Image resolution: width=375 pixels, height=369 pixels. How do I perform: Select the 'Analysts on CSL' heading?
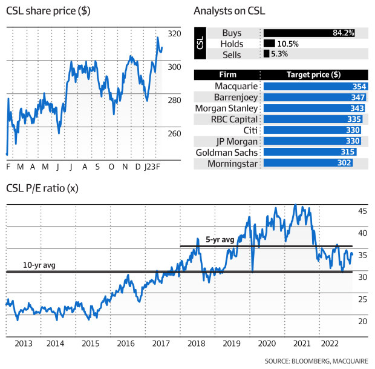[x=230, y=12]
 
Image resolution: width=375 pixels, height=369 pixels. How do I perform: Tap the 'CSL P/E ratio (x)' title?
[x=42, y=188]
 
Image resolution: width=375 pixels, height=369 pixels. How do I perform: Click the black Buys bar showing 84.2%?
[x=309, y=33]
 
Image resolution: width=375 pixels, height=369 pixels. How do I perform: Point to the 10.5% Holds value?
[x=288, y=44]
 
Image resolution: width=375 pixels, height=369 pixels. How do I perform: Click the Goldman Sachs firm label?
[x=229, y=152]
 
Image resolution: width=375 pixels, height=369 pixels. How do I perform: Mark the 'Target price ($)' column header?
[x=313, y=75]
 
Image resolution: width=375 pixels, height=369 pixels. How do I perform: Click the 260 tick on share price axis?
[x=174, y=133]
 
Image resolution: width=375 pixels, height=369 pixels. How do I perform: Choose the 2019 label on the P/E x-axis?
[x=232, y=344]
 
